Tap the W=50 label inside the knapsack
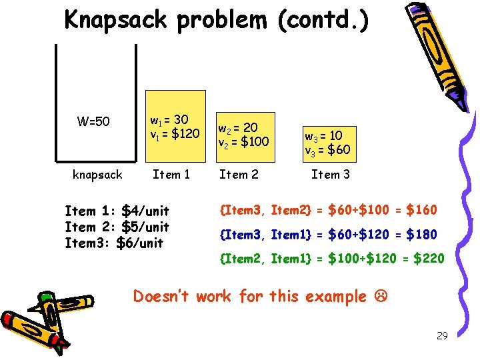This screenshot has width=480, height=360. click(93, 122)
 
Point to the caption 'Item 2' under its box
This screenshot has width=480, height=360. click(239, 175)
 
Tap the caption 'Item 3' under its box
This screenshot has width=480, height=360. click(330, 175)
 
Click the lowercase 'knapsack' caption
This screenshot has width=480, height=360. click(97, 175)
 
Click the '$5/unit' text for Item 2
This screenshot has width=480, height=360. click(145, 227)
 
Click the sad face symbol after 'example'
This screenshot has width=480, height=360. click(379, 296)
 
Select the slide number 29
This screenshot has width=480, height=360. click(441, 335)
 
